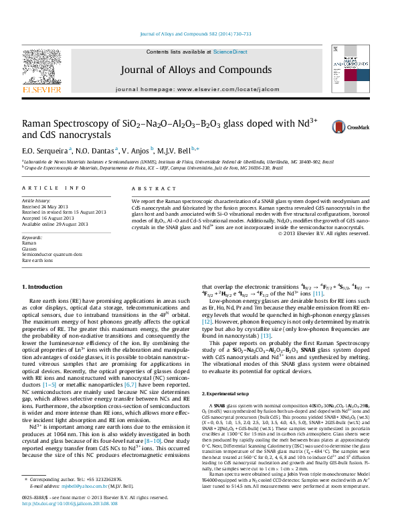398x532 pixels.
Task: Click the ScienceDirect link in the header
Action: pyautogui.click(x=230, y=52)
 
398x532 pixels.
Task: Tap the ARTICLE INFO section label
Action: pyautogui.click(x=54, y=190)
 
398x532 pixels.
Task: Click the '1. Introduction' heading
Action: pyautogui.click(x=42, y=286)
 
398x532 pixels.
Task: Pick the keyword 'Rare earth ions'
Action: pyautogui.click(x=38, y=260)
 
